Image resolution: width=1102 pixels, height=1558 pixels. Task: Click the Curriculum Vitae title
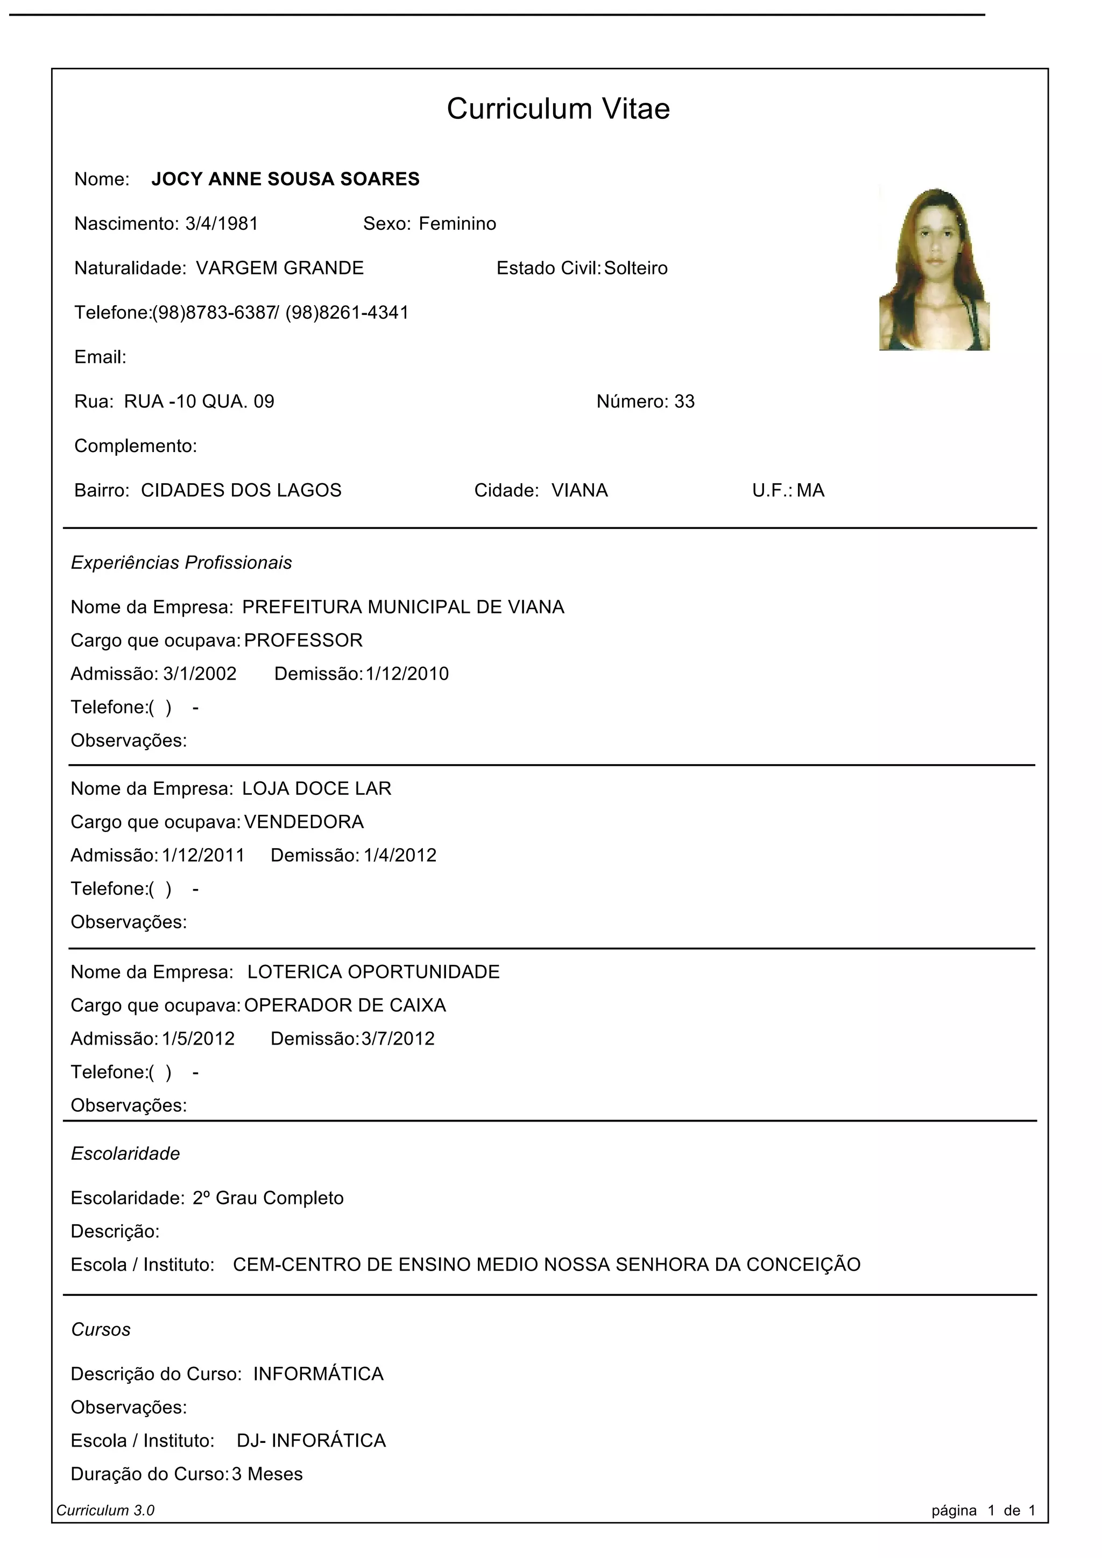[x=558, y=109]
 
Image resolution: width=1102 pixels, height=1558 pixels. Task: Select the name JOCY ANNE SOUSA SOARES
[x=285, y=179]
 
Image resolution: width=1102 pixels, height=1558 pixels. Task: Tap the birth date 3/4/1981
[x=221, y=224]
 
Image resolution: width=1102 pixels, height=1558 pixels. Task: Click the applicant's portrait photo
[x=935, y=270]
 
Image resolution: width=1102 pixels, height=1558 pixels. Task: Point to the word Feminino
[x=457, y=224]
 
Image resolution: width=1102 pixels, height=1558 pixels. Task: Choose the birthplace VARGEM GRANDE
[x=280, y=268]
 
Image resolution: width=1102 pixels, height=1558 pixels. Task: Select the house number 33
[x=684, y=401]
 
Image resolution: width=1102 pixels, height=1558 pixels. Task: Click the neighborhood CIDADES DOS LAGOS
[x=241, y=491]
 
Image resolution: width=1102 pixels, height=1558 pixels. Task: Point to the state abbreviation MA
[x=810, y=491]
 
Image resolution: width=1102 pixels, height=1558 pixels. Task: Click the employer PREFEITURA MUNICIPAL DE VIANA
[x=403, y=607]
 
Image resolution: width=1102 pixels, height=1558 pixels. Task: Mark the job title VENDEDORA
[x=304, y=822]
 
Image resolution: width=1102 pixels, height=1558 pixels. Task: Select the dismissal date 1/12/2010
[x=407, y=674]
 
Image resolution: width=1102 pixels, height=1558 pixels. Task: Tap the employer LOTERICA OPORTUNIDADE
[x=373, y=972]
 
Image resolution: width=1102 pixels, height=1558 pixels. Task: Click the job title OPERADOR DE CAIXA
[x=345, y=1006]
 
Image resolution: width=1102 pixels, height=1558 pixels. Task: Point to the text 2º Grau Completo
[x=268, y=1199]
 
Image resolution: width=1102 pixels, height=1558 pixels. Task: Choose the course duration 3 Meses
[x=267, y=1474]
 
